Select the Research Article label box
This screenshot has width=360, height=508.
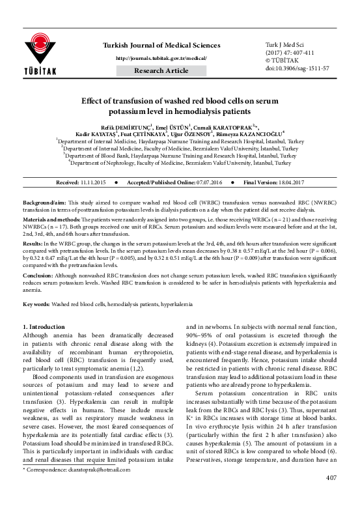pos(163,70)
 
